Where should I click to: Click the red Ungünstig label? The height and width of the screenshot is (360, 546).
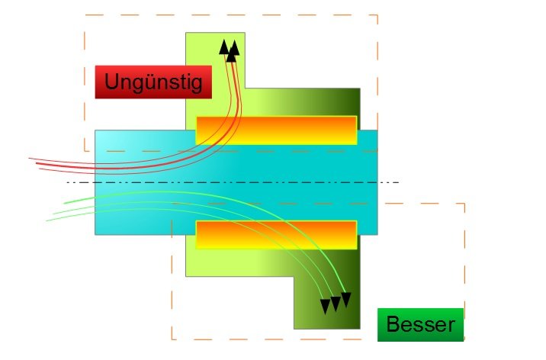click(153, 82)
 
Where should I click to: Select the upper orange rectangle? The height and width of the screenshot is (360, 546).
click(276, 130)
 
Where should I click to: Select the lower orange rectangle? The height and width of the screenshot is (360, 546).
click(276, 234)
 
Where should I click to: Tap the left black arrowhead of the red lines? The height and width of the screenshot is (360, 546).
click(224, 47)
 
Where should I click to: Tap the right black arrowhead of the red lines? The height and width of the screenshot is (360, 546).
click(234, 48)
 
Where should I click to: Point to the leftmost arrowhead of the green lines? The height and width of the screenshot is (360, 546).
click(326, 306)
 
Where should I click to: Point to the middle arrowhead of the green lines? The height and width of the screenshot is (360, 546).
click(336, 304)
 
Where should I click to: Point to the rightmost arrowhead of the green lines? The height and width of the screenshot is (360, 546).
click(345, 299)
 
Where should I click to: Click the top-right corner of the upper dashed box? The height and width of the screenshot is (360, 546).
click(377, 14)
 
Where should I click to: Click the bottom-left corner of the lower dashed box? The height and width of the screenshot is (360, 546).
click(172, 339)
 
